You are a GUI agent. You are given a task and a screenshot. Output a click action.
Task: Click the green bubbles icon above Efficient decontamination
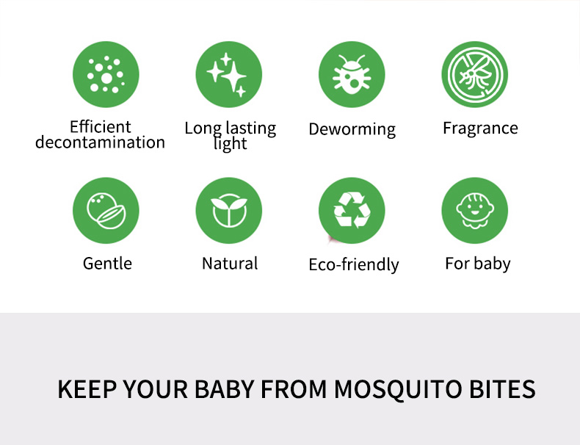point(106,74)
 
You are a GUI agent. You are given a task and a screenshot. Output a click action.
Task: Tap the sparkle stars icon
point(228,74)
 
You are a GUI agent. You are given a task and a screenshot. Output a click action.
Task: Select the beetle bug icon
point(352,74)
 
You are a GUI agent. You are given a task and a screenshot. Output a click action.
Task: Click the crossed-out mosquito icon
point(474,74)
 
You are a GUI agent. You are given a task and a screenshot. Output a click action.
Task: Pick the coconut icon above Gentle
point(106,211)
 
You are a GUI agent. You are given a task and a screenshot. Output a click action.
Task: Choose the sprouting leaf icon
point(228,211)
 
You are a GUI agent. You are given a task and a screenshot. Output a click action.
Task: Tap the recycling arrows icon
point(352,211)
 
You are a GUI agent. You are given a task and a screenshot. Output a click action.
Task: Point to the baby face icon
point(474,211)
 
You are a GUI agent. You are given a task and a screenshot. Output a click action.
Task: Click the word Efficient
point(101,127)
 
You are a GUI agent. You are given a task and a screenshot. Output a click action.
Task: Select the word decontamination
point(100,142)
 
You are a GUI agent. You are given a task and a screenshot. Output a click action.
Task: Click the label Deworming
point(352,129)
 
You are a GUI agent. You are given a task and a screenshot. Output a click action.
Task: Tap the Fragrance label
point(480,129)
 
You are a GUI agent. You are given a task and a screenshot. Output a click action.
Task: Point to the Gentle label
point(107,264)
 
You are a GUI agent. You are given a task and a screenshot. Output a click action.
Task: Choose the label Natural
point(230,264)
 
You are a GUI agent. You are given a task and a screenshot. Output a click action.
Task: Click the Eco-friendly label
point(354,265)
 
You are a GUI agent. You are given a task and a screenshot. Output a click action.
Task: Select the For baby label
point(478,264)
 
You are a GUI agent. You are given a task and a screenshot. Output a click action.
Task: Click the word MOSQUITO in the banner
point(398,389)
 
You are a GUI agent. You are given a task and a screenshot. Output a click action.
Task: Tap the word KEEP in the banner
point(87,389)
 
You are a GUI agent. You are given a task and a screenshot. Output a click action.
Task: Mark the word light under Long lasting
point(230,143)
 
